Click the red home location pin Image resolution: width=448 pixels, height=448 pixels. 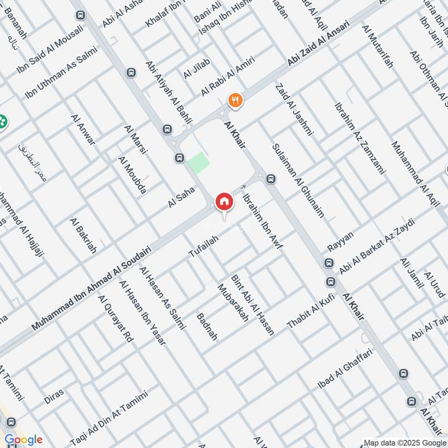pos(224,201)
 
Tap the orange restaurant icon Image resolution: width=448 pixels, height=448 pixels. pos(235,100)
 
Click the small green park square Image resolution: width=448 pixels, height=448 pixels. pos(198,163)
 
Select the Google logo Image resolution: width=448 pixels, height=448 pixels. pos(24,440)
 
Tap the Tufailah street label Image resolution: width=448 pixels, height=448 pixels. pos(203,247)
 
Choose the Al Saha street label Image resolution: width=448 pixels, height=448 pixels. pos(181,198)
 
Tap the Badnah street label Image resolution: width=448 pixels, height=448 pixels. pos(207,327)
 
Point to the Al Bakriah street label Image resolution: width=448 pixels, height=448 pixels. pos(83,236)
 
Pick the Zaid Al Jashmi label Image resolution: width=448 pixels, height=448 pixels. pos(293,110)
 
